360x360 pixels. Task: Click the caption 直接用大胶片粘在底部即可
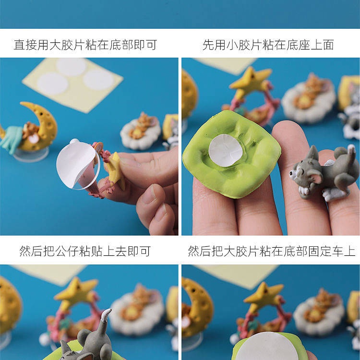click(85, 46)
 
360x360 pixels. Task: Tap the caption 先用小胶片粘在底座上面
click(268, 46)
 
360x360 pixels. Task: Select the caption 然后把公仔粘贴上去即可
click(85, 251)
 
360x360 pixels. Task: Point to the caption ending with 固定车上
click(271, 251)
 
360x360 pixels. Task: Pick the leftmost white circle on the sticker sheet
click(52, 84)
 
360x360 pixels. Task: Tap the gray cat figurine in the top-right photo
click(324, 173)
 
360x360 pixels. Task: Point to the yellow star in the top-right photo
click(250, 83)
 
